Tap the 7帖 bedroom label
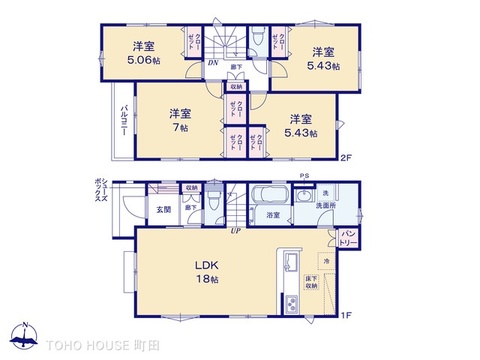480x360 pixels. point(179,126)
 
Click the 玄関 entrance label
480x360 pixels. point(163,209)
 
